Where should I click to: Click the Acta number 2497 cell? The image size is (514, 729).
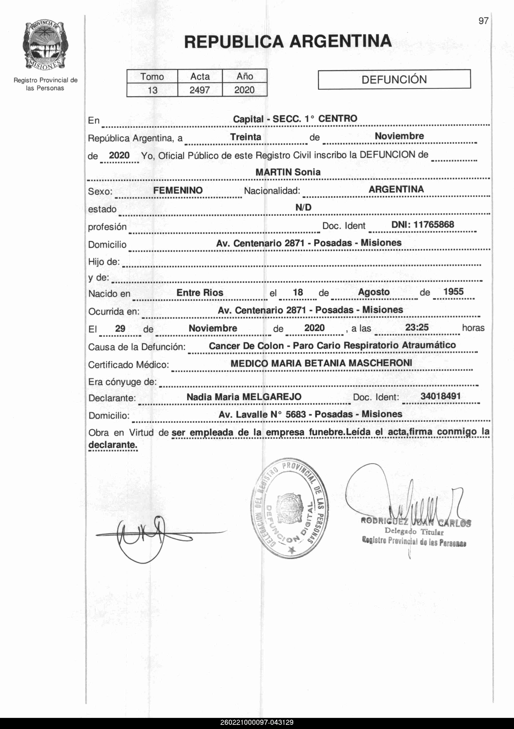(200, 90)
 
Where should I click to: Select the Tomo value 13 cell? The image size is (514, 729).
(152, 90)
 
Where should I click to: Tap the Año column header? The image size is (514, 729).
(245, 76)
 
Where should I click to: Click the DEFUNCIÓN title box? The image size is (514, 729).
(394, 79)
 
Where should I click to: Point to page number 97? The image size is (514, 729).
(483, 21)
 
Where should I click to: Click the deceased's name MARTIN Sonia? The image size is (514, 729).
(288, 172)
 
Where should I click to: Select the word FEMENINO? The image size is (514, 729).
(178, 191)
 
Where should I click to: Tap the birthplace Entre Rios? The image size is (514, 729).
(200, 293)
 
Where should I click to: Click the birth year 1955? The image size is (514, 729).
(453, 292)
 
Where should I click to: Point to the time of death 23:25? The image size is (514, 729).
(417, 327)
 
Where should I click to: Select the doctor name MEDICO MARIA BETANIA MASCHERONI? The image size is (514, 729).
(321, 363)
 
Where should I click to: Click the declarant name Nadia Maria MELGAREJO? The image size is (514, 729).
(244, 397)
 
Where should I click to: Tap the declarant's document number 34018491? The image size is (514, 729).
(440, 396)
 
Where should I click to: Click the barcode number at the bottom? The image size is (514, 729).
(257, 723)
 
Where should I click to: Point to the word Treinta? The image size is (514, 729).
(246, 137)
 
